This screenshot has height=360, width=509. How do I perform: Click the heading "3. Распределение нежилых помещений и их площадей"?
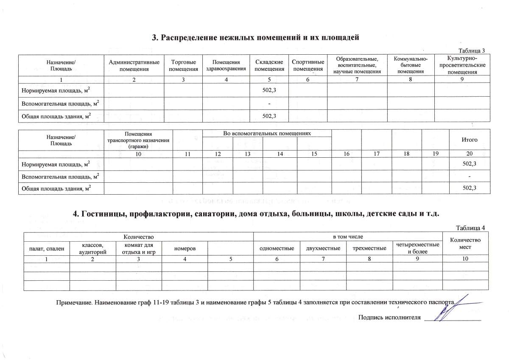click(255, 37)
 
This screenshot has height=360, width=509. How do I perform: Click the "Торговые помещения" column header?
click(183, 66)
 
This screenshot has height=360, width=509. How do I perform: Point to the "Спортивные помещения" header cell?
click(308, 66)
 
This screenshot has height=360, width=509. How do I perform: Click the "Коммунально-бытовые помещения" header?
click(411, 65)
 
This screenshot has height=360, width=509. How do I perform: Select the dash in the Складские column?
click(269, 103)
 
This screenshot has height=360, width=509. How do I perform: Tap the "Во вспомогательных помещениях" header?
click(267, 134)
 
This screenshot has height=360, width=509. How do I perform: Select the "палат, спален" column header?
click(47, 248)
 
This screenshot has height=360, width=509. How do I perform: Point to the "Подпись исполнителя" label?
click(389, 317)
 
